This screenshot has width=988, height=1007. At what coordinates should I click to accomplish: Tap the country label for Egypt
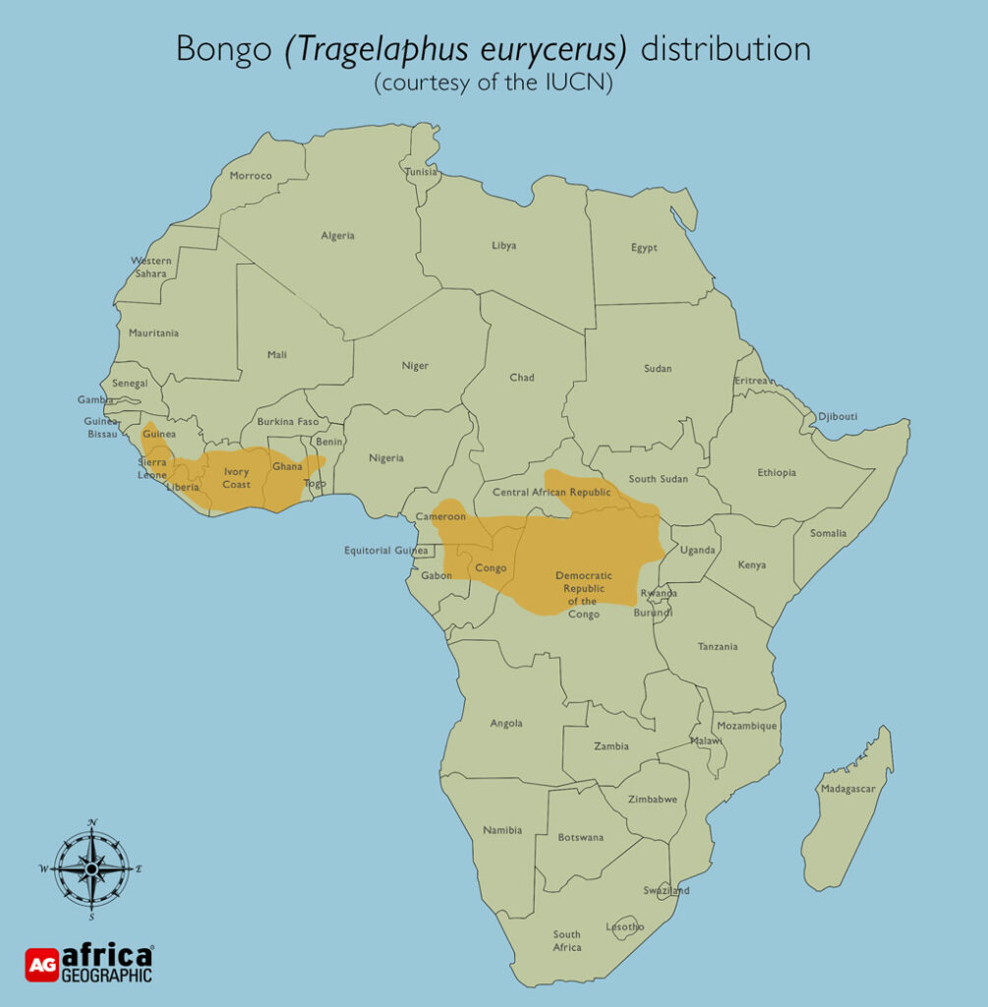coord(644,248)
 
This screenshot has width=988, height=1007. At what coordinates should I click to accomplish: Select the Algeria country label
coord(337,236)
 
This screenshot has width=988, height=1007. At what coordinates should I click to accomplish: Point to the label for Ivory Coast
coord(236,478)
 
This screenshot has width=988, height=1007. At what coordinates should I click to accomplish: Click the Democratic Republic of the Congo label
coord(583,595)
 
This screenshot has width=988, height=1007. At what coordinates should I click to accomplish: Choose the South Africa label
coord(567,941)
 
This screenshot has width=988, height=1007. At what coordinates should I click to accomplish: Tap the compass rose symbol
coord(90,868)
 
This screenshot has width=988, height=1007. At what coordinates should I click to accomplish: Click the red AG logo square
coord(40,964)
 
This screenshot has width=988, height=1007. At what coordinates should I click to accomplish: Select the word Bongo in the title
coord(225,49)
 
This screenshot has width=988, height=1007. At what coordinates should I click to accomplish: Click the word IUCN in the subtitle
coord(576,84)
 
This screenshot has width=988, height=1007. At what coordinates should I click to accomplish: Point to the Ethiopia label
coord(777,473)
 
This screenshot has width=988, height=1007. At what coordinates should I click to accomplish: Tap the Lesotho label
coord(625,926)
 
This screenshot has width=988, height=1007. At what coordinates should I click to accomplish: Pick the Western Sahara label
coord(150,267)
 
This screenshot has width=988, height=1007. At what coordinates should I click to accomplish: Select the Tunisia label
coord(421,172)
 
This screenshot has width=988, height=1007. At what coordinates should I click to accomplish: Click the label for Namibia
coord(502,831)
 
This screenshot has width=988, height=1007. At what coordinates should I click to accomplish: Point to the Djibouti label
coord(838,417)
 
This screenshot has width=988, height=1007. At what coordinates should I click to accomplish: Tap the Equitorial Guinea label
coord(384,551)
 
